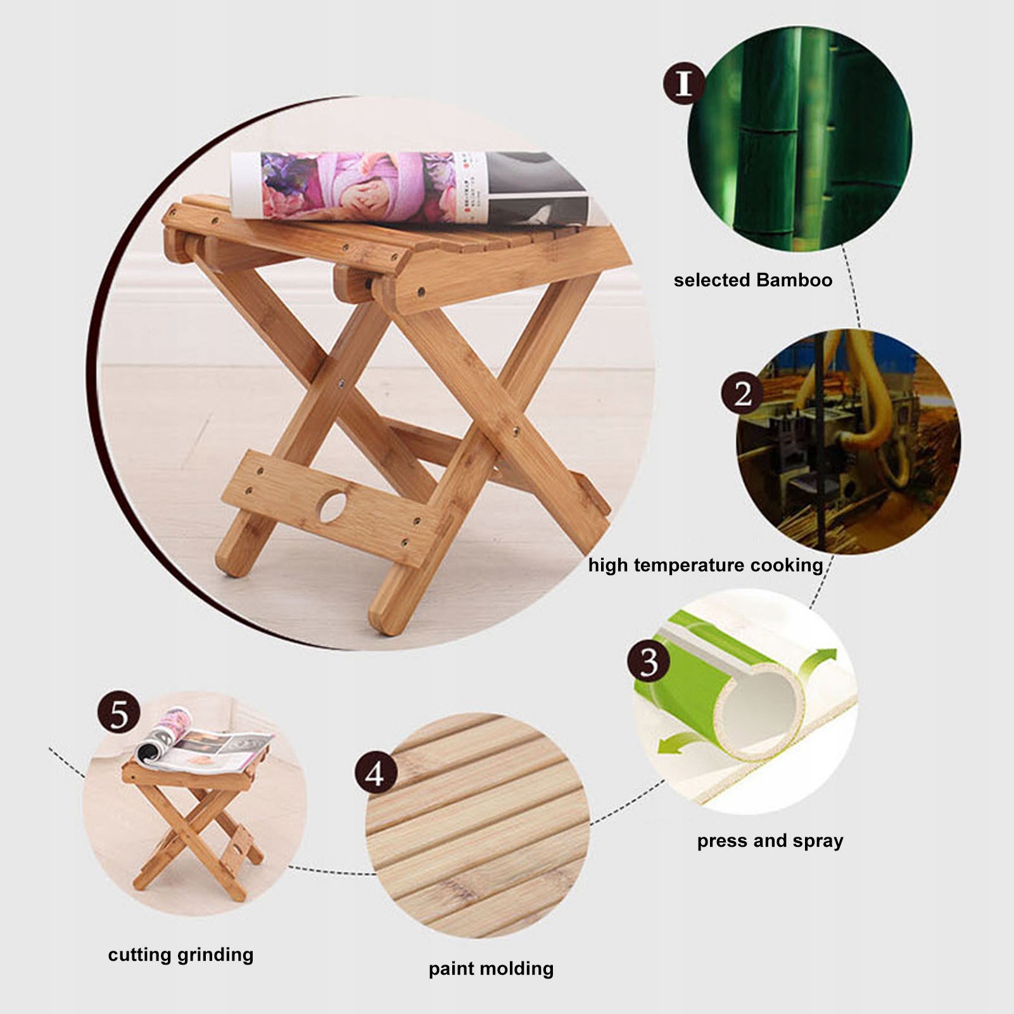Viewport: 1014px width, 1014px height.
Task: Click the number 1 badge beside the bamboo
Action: point(683,83)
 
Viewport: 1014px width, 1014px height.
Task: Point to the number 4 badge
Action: point(376,773)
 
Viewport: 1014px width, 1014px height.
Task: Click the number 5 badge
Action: point(119,713)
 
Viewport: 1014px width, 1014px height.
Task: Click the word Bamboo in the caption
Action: point(794,280)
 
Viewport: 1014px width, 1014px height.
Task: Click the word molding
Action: point(517,969)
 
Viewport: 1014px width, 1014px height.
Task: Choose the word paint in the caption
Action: point(451,969)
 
